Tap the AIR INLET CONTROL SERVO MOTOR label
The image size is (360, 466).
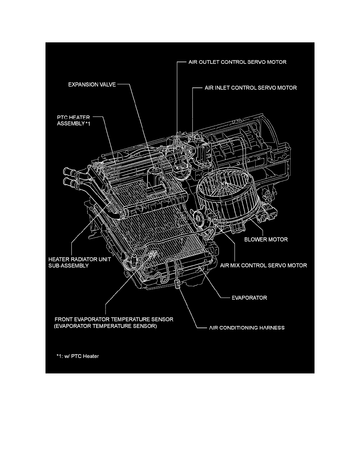pos(251,88)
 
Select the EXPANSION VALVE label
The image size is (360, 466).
pos(92,84)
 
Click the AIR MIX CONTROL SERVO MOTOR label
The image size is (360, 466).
pos(264,266)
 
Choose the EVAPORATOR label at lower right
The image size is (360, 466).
pos(249,298)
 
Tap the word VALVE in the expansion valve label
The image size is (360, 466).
pos(107,84)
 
